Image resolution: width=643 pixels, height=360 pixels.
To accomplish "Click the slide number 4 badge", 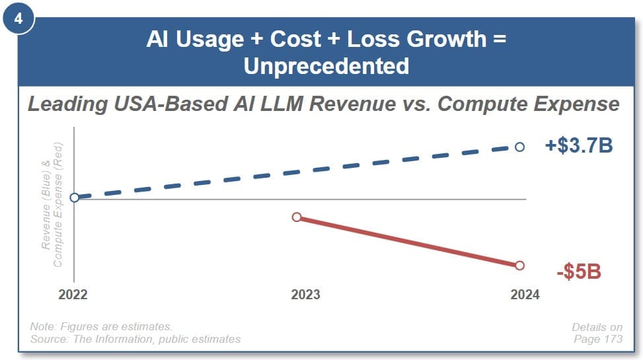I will pyautogui.click(x=19, y=18).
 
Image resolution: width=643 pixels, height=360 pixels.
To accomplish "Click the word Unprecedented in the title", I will pyautogui.click(x=326, y=66).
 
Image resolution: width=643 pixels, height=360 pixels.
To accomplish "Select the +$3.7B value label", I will pyautogui.click(x=578, y=145).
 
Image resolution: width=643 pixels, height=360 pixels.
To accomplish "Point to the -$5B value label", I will pyautogui.click(x=578, y=271).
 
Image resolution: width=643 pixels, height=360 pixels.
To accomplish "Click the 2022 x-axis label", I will pyautogui.click(x=73, y=295).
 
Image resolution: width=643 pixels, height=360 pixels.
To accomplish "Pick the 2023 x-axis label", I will pyautogui.click(x=305, y=295).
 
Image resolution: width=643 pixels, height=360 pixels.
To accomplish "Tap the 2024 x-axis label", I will pyautogui.click(x=525, y=295).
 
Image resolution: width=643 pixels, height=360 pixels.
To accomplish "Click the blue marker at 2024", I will pyautogui.click(x=519, y=147).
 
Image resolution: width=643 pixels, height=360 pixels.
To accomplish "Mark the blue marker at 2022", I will pyautogui.click(x=75, y=197).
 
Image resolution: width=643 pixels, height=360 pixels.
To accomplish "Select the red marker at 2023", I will pyautogui.click(x=297, y=217).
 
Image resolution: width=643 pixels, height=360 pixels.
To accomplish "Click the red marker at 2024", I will pyautogui.click(x=519, y=265).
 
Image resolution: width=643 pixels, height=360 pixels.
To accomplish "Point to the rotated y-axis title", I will pyautogui.click(x=52, y=205).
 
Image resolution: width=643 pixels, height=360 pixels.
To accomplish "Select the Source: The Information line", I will pyautogui.click(x=135, y=339).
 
